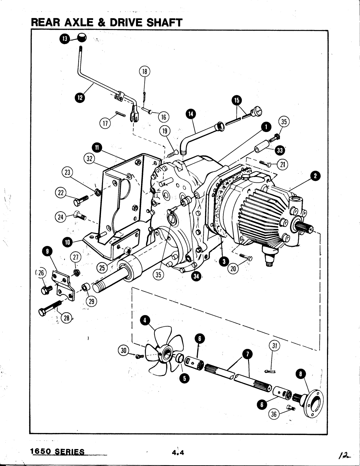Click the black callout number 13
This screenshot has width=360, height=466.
coord(65,39)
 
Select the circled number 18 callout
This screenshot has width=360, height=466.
coord(145,71)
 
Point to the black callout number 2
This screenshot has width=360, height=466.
coord(315,176)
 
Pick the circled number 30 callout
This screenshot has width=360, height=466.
coord(124,351)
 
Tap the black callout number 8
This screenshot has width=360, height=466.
coord(301,374)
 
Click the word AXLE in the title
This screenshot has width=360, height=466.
coord(78,23)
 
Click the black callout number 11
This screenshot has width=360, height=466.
coord(97,148)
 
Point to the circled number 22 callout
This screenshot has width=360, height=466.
coord(61,193)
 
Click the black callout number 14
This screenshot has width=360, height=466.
coord(191,114)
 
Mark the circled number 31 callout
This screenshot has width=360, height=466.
coord(274,345)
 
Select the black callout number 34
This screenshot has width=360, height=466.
coord(196,277)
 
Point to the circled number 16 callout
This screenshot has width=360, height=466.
coord(164,117)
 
